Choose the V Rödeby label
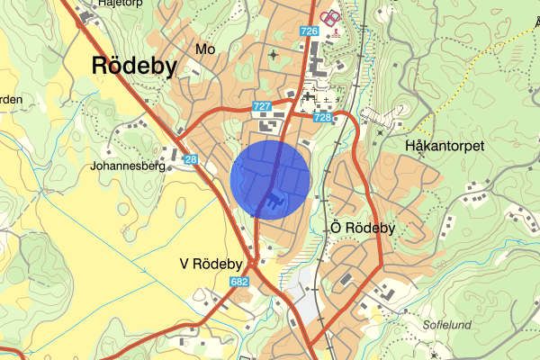(x=211, y=264)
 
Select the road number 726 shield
(x=310, y=31)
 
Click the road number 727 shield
(x=262, y=106)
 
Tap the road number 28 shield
(x=191, y=159)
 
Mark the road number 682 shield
(x=238, y=282)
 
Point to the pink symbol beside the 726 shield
(x=331, y=17)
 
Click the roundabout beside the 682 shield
(x=255, y=263)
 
